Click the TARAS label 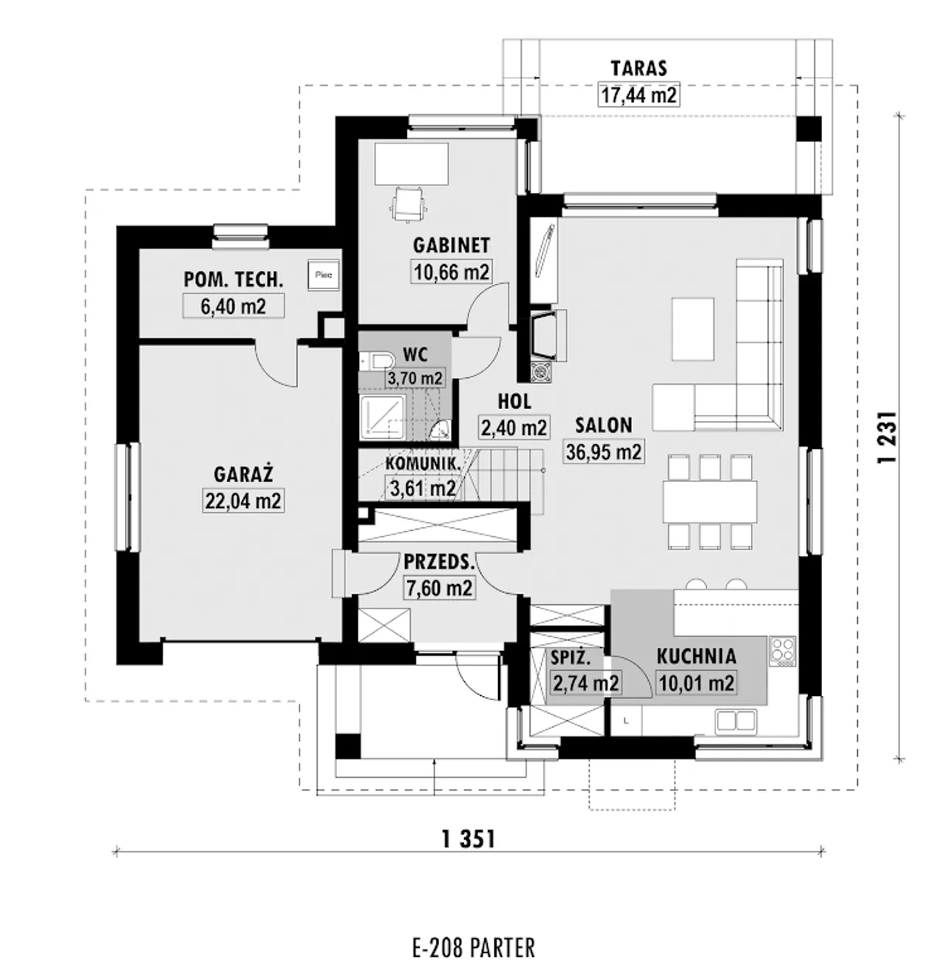point(639,69)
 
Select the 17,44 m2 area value point(639,95)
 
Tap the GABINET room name point(452,246)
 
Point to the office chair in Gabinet point(409,203)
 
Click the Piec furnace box point(324,274)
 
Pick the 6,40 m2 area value point(234,306)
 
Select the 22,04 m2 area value point(243,500)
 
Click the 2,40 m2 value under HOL point(514,427)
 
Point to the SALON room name point(604,425)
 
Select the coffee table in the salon point(693,329)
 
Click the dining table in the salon point(710,501)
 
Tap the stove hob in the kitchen point(783,651)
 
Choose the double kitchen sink point(735,721)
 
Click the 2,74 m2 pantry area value point(585,683)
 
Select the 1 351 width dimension point(469,840)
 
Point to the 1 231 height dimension point(886,437)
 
